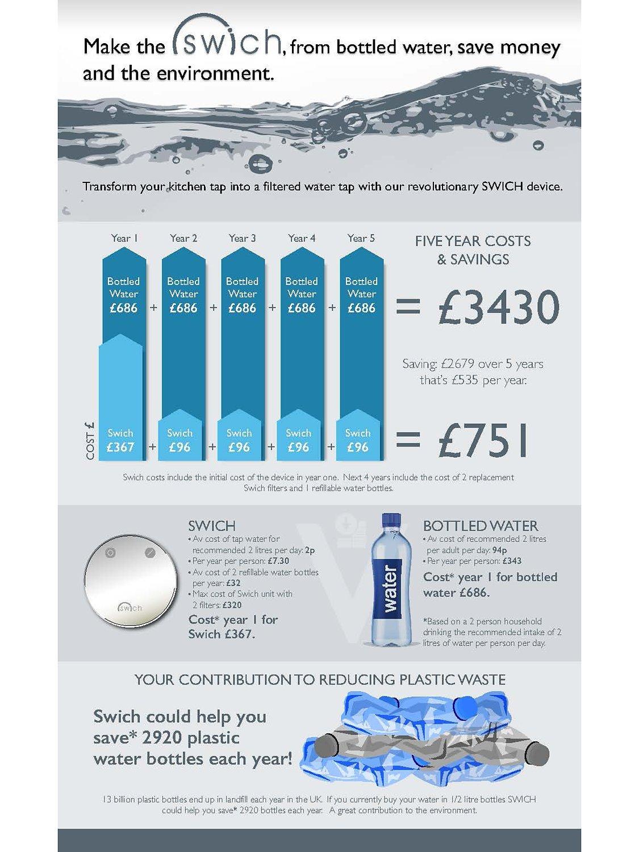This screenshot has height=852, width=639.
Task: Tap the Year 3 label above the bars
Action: (242, 238)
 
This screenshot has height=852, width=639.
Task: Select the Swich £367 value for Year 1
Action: (120, 447)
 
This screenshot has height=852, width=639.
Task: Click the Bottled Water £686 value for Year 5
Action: (361, 308)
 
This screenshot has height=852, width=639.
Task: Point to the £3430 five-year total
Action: (499, 308)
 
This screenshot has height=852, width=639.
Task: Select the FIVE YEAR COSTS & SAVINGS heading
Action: (473, 250)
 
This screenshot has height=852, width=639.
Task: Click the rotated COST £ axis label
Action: (90, 441)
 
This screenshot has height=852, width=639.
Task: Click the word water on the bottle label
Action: (390, 588)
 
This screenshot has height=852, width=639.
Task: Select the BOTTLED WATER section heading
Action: (481, 526)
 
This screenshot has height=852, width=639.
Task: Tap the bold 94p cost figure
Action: (500, 550)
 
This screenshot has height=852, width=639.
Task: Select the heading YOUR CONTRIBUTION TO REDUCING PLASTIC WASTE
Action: (320, 679)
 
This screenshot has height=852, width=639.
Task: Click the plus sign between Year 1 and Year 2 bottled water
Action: (153, 308)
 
